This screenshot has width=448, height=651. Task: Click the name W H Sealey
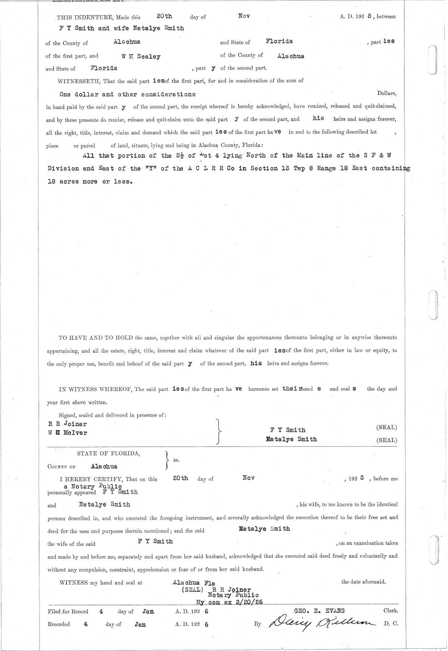coord(141,57)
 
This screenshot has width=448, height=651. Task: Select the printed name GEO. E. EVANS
coord(320,611)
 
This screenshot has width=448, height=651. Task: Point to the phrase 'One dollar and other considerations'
coord(127,94)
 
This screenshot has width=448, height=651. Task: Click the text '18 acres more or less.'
coord(90,182)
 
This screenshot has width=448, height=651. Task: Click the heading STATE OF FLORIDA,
coord(109,453)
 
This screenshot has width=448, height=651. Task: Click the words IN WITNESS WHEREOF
coord(96,389)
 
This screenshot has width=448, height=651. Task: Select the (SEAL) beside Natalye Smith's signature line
coord(387,440)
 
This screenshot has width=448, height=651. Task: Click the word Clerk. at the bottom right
coord(391,611)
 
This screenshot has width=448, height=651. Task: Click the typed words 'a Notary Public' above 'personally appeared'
coord(93,486)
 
